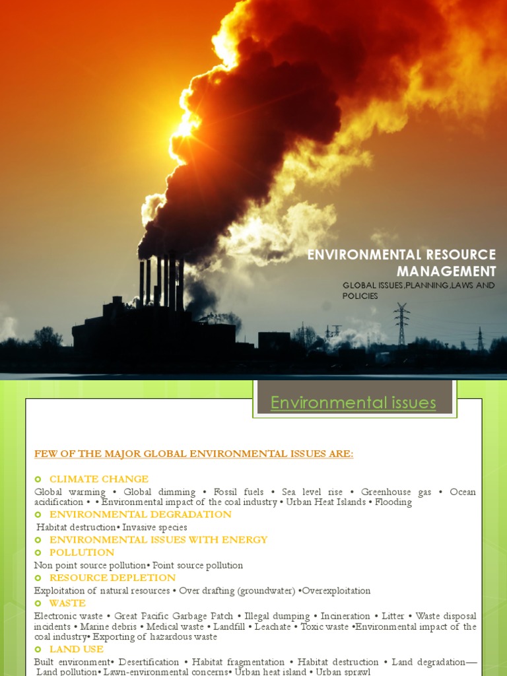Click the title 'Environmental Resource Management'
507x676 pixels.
401,263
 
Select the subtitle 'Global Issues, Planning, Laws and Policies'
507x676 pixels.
418,290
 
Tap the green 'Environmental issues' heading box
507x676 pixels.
353,403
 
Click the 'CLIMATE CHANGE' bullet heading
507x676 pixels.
99,479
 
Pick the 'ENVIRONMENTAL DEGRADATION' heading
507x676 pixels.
141,514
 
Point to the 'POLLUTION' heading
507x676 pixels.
82,553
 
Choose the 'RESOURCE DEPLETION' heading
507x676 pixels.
112,578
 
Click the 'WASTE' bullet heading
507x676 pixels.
67,603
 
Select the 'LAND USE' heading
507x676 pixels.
77,649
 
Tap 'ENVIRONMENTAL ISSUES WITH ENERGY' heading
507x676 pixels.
158,540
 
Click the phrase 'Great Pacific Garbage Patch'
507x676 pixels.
174,616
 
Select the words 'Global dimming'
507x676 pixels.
160,492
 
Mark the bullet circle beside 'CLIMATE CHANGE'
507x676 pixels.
38,479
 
